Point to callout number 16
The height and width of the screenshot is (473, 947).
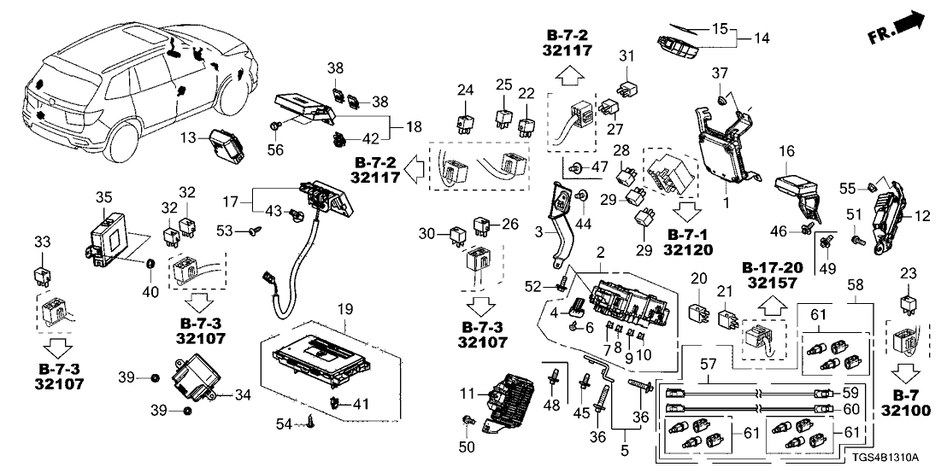coord(786,152)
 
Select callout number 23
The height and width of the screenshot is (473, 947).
coord(908,273)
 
